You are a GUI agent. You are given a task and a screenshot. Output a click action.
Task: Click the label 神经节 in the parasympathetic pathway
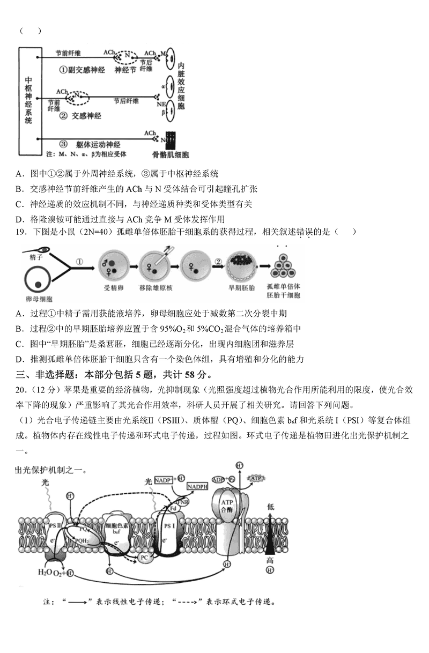tap(126, 69)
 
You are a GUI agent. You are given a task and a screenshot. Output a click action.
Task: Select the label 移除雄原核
tap(154, 287)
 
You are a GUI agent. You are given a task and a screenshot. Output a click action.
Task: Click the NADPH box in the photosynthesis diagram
tap(198, 486)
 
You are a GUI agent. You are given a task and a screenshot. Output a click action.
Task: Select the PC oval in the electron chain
tap(144, 557)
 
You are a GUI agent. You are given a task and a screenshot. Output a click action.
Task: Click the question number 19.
tap(23, 232)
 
